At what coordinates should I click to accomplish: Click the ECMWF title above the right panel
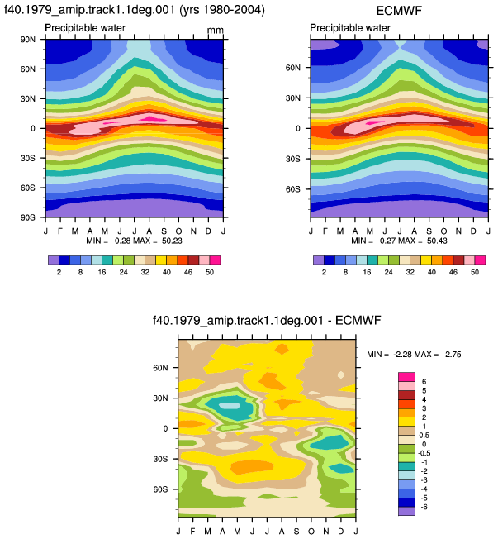point(399,10)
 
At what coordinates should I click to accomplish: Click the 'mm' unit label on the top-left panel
point(216,31)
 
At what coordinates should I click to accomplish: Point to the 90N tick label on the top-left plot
point(27,39)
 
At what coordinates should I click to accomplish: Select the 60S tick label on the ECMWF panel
point(292,189)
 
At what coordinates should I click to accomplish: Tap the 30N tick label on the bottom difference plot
point(160,398)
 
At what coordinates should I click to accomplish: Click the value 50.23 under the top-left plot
point(172,241)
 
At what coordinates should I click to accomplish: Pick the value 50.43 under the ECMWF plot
point(437,241)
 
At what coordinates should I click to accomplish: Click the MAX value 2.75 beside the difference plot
point(453,354)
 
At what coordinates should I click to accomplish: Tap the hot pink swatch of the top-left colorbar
point(215,260)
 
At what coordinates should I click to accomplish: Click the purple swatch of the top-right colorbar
point(319,260)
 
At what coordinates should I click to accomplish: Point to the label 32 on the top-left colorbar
point(145,272)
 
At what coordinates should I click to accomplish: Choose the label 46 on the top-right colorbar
point(453,272)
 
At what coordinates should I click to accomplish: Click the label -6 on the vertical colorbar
point(424,507)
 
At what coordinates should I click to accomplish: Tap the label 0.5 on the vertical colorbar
point(424,435)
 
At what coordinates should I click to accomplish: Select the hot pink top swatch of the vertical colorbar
point(406,377)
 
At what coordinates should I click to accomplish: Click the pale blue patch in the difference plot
point(230,406)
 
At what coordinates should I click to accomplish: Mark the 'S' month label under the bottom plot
point(296,532)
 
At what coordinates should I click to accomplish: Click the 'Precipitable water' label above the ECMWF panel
point(350,28)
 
